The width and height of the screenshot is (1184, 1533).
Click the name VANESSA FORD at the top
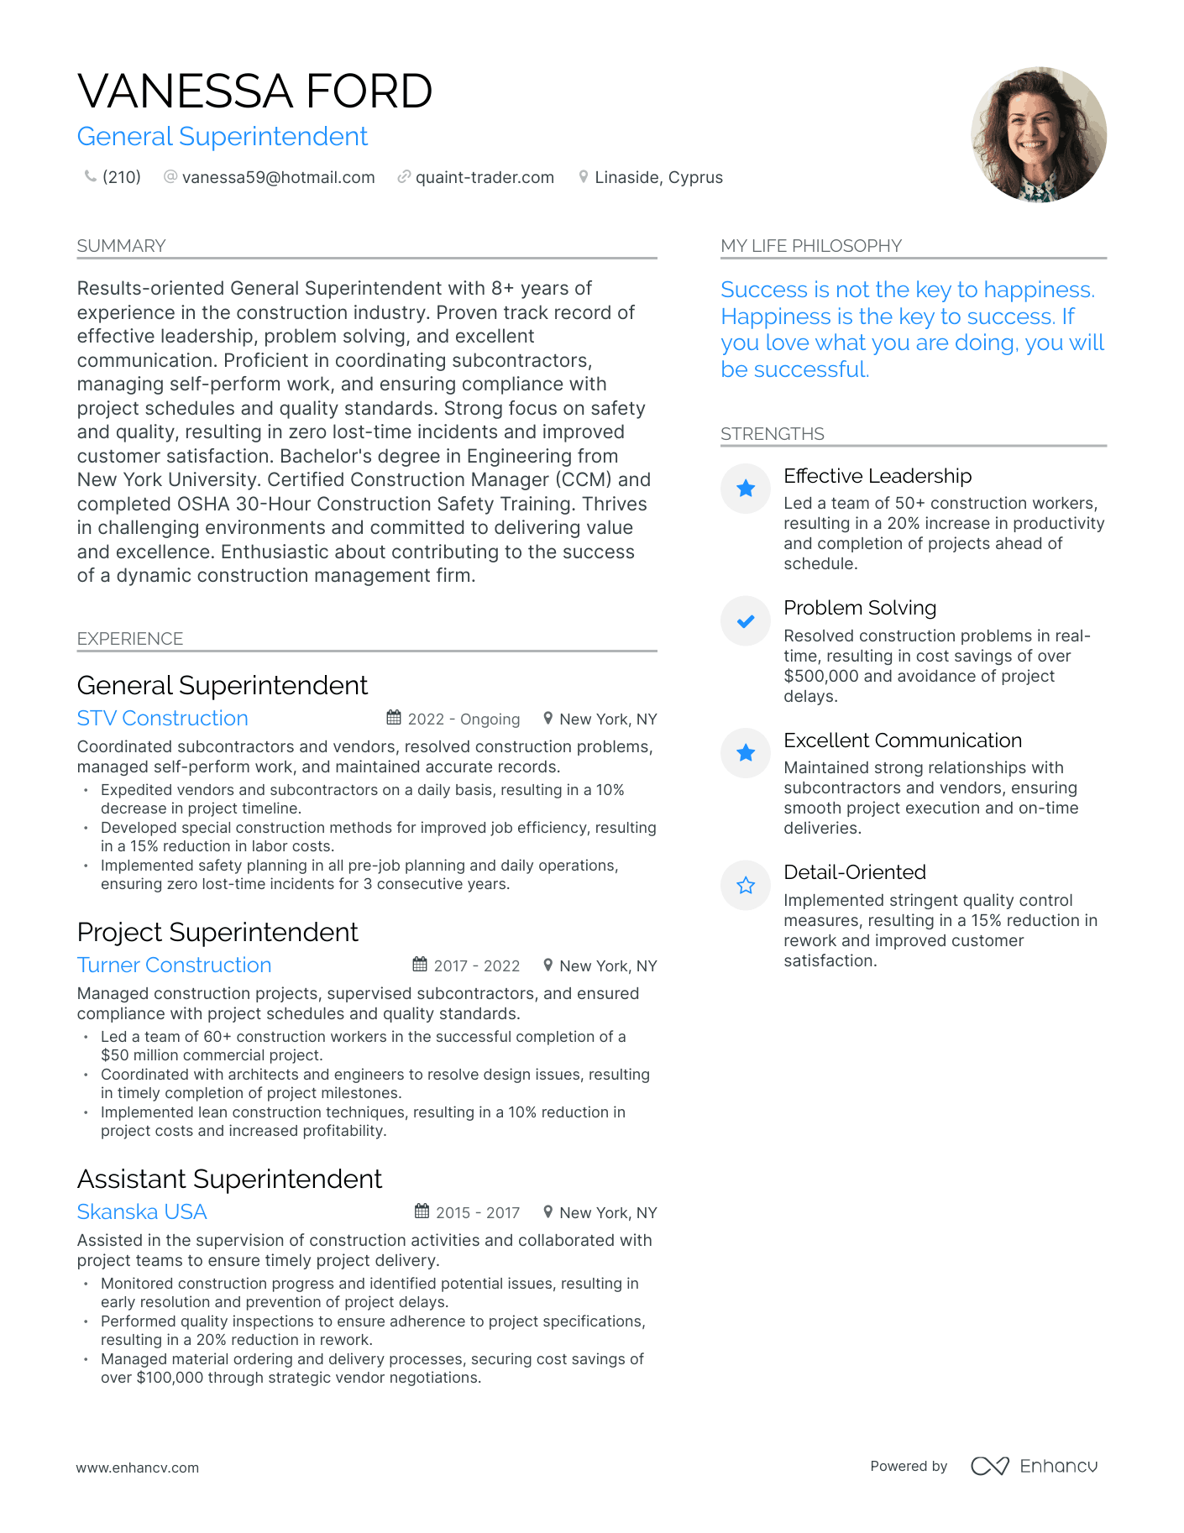[254, 92]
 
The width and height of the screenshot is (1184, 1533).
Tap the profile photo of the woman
[1039, 134]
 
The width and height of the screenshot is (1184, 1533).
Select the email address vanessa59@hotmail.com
[278, 177]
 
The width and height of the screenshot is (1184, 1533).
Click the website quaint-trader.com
[485, 177]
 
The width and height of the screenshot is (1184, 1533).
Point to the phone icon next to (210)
[90, 176]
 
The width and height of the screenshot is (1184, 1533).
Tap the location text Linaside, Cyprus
[658, 177]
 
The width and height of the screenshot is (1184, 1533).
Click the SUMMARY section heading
[121, 246]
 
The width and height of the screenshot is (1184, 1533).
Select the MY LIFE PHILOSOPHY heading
[810, 246]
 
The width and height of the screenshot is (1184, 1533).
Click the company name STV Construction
[162, 719]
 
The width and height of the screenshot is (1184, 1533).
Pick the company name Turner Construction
[174, 965]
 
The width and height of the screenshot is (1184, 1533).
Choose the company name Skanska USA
[141, 1212]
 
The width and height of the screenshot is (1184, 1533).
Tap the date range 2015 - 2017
[478, 1212]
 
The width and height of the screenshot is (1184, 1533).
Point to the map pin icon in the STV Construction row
[547, 718]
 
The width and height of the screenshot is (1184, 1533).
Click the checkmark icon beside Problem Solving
[745, 621]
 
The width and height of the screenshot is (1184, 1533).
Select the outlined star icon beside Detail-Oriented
[745, 886]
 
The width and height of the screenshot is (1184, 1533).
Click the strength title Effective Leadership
[877, 476]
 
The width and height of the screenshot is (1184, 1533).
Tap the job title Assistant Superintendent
[229, 1179]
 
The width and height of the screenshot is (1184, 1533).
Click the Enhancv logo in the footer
[1034, 1466]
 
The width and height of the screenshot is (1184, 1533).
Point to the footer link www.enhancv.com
[138, 1468]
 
